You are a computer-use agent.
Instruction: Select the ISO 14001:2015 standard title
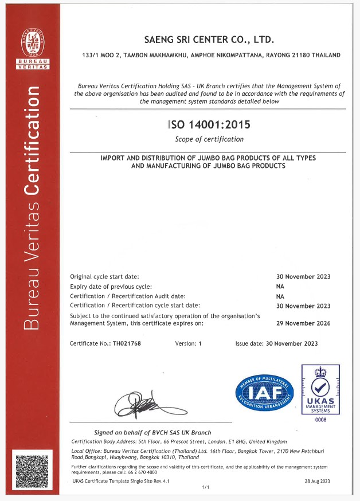pyautogui.click(x=209, y=124)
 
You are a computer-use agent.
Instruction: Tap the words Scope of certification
pyautogui.click(x=209, y=139)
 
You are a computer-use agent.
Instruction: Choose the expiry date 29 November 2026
pyautogui.click(x=303, y=323)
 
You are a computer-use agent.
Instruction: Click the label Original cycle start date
pyautogui.click(x=104, y=276)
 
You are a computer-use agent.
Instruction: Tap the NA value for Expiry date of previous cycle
pyautogui.click(x=280, y=286)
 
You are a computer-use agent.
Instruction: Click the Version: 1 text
pyautogui.click(x=189, y=343)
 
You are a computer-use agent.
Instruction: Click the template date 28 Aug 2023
pyautogui.click(x=318, y=481)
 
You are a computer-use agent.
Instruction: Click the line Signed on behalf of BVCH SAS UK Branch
pyautogui.click(x=152, y=432)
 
